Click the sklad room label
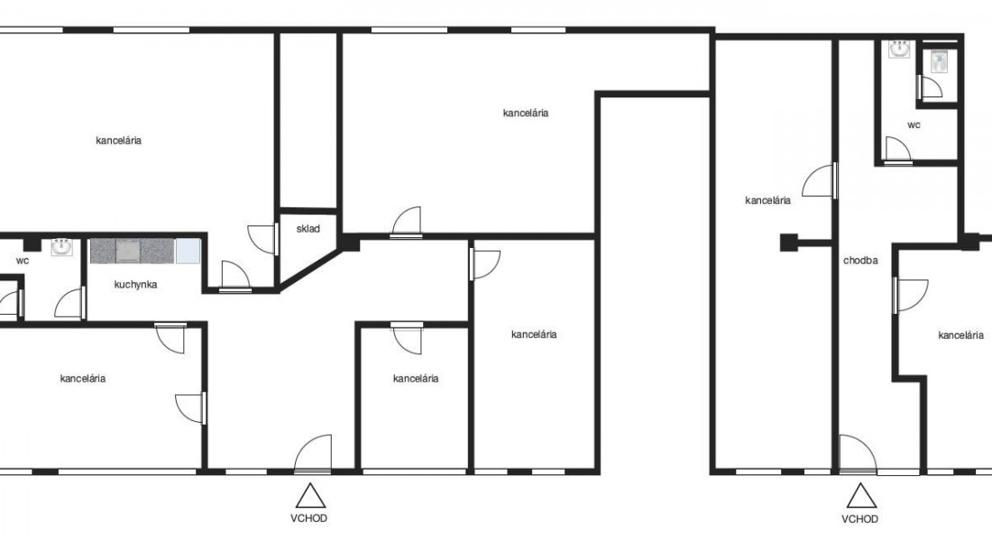point(308,229)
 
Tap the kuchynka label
point(135,285)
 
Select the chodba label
point(860,260)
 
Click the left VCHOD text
point(308,518)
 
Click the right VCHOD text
point(859,518)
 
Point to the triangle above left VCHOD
point(310,495)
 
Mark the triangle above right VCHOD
point(861,495)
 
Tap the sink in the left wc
point(61,247)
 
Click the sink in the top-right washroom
point(899,49)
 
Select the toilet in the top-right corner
point(938,62)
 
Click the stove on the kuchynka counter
point(128,251)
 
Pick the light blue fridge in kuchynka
point(188,251)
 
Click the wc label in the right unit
point(914,125)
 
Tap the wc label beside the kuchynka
point(23,261)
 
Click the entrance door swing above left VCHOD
point(313,454)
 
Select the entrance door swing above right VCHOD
point(858,454)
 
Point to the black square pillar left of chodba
point(788,243)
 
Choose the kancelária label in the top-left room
point(118,141)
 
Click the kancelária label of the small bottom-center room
point(416,379)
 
